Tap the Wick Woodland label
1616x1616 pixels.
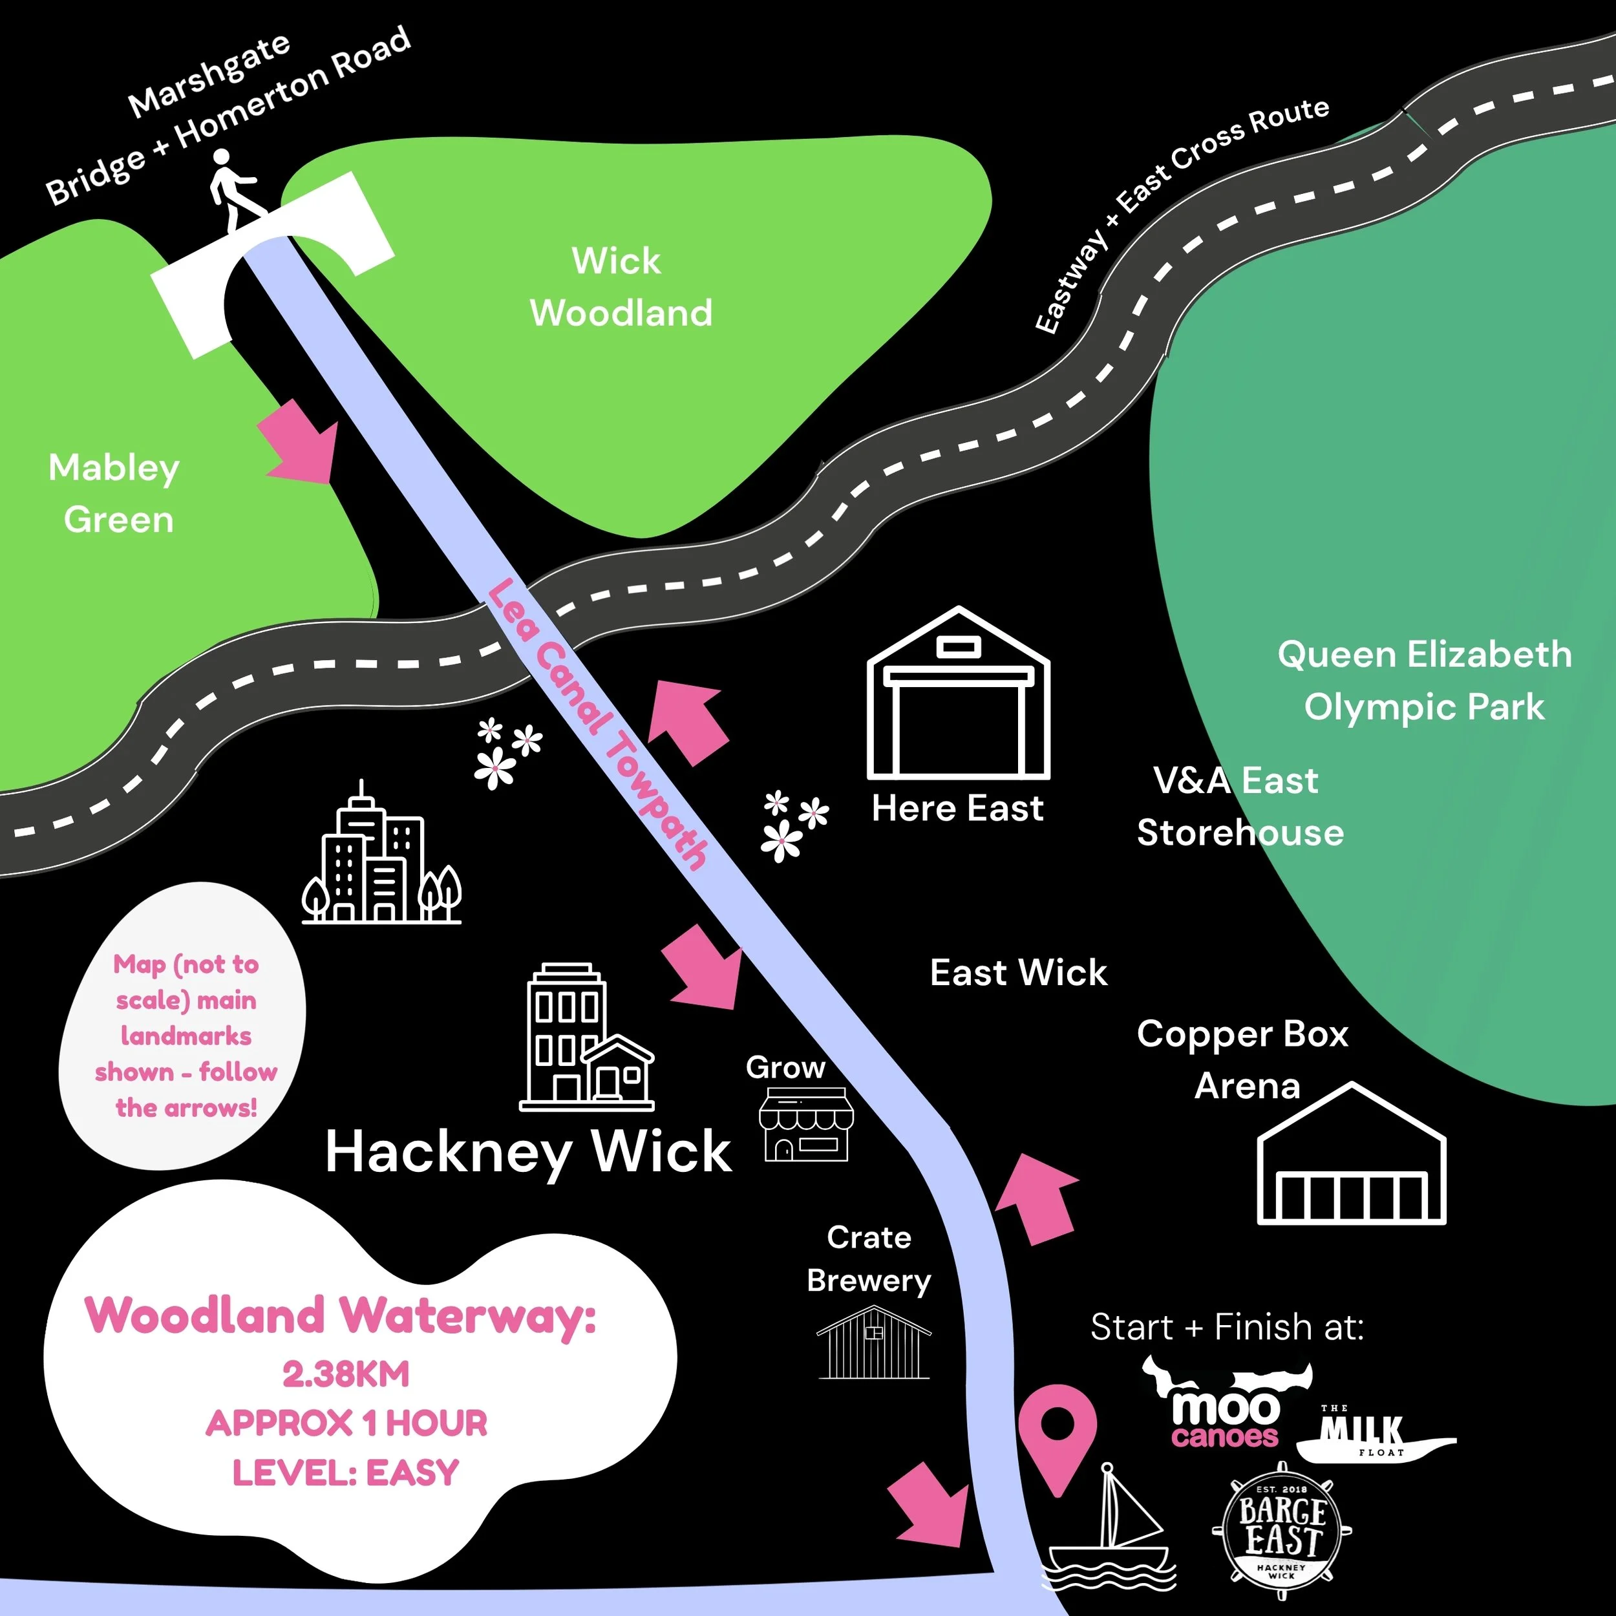tap(621, 287)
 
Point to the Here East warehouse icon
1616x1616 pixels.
tap(959, 692)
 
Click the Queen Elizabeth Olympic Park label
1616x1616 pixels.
tap(1425, 680)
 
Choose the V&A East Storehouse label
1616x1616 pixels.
tap(1240, 806)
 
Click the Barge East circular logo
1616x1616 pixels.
tap(1281, 1533)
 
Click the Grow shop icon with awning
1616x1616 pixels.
tap(806, 1123)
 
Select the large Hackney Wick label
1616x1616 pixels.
tap(529, 1153)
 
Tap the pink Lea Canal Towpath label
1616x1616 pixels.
tap(597, 723)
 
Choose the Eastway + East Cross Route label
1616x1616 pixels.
tap(1180, 215)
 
